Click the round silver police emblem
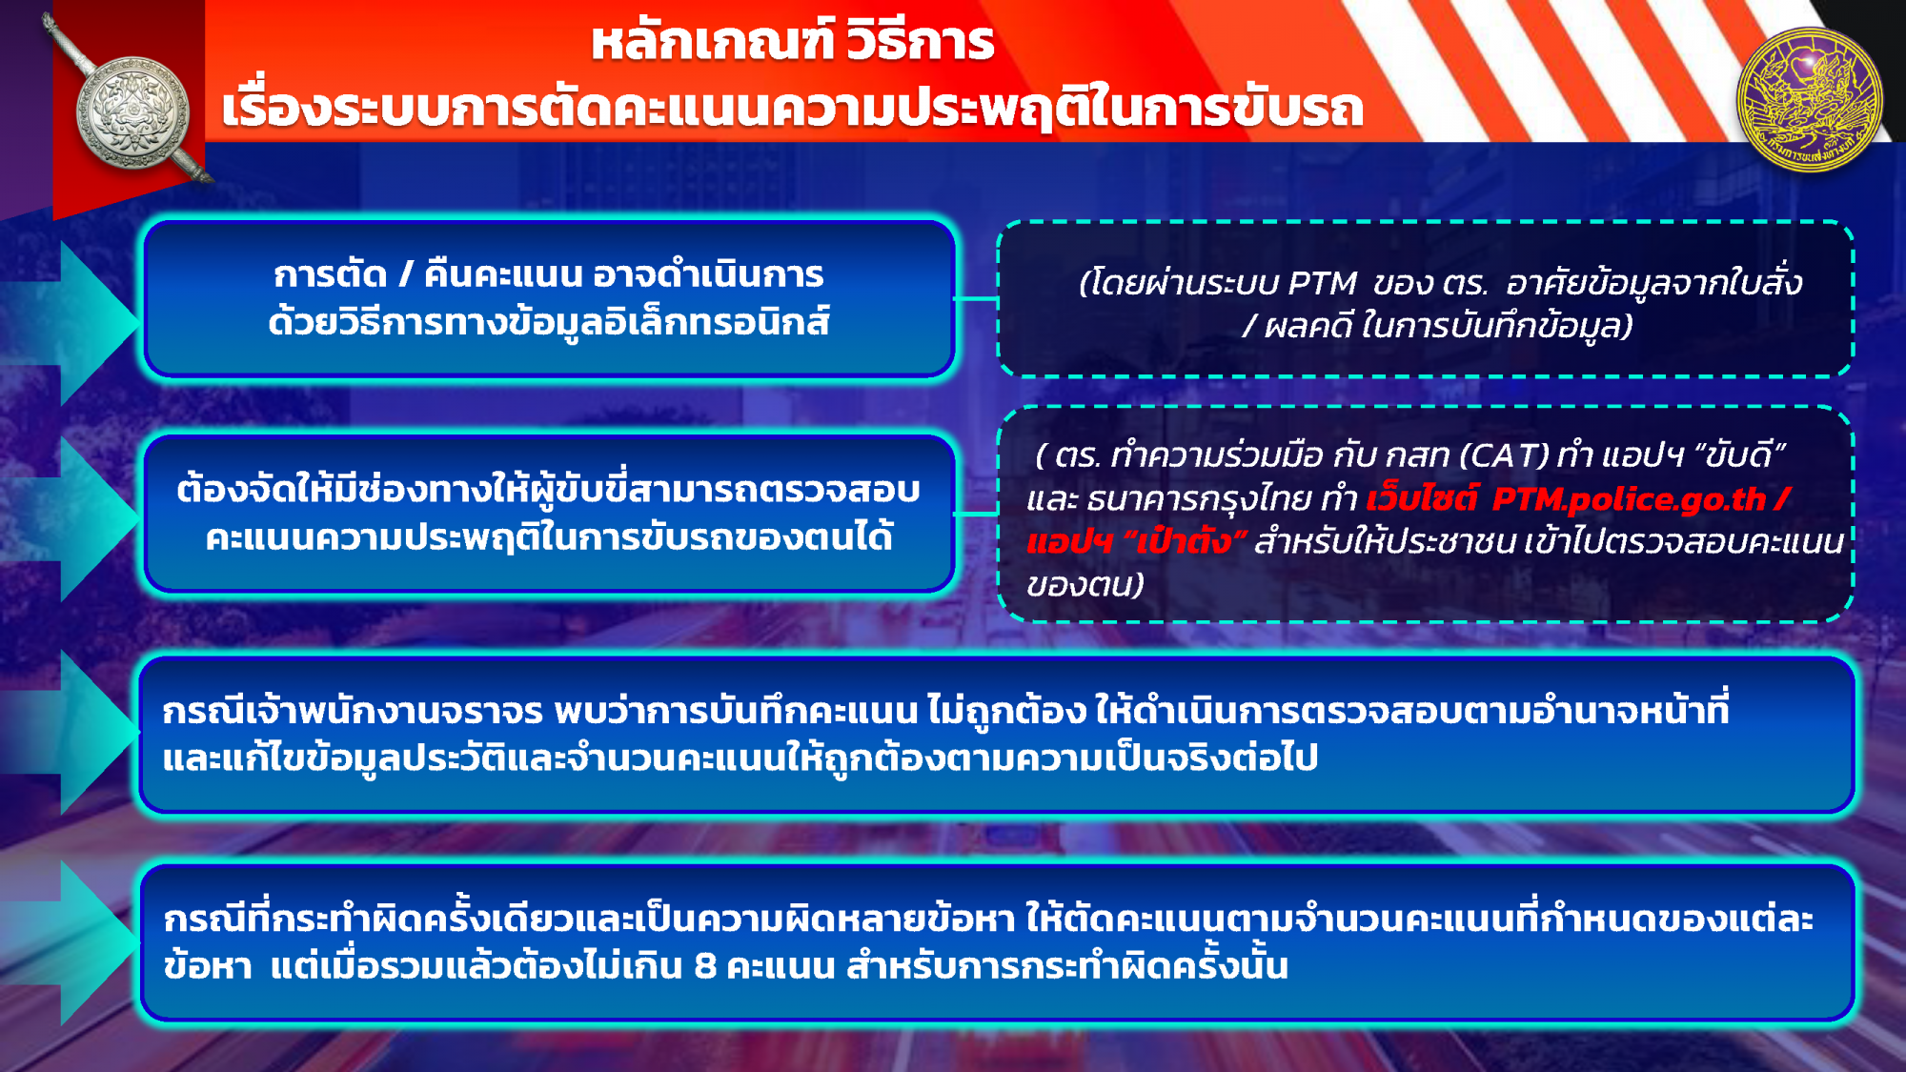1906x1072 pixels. click(132, 112)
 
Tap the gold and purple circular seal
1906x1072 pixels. click(1810, 99)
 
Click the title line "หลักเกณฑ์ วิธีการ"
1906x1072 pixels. click(793, 42)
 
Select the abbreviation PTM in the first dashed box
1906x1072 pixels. click(1322, 283)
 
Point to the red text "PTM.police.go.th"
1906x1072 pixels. click(1629, 498)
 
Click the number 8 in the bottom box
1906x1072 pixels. click(705, 966)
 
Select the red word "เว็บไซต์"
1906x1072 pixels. click(1422, 497)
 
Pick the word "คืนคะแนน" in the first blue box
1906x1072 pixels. click(502, 274)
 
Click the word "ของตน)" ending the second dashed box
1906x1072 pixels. click(1085, 584)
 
